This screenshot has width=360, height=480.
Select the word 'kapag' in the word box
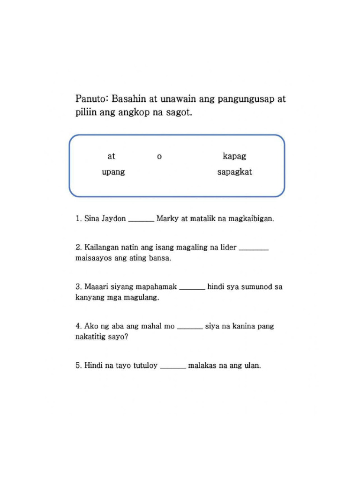pyautogui.click(x=234, y=156)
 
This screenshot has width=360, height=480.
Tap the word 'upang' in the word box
pyautogui.click(x=113, y=172)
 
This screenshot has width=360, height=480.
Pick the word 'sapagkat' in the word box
pyautogui.click(x=234, y=172)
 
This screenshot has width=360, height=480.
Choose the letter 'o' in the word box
pyautogui.click(x=159, y=157)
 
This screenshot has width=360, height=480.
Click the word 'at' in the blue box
pyautogui.click(x=111, y=156)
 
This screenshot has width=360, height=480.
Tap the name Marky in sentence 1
pyautogui.click(x=166, y=218)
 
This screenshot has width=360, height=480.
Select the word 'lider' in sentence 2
pyautogui.click(x=228, y=247)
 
